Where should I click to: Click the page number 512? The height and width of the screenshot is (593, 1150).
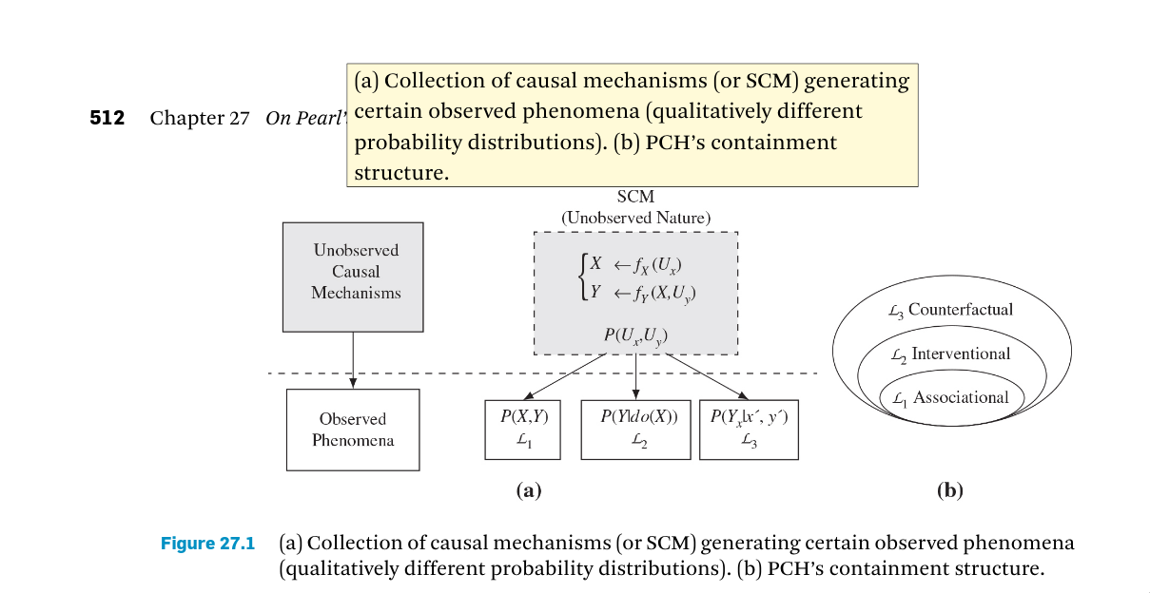click(107, 119)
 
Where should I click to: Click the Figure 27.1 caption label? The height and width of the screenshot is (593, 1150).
click(207, 544)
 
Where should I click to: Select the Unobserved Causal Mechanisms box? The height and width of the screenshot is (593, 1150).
click(353, 276)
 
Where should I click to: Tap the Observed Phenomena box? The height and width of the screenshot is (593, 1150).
click(353, 430)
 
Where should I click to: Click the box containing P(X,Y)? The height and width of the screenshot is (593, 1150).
click(522, 430)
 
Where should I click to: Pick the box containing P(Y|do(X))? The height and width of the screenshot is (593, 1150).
click(634, 430)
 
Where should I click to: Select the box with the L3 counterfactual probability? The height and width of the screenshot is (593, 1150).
click(749, 430)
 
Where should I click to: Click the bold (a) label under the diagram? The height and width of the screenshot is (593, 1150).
click(528, 490)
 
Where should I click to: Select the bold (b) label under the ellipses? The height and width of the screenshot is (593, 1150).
click(949, 490)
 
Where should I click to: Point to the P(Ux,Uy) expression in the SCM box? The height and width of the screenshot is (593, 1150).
click(635, 335)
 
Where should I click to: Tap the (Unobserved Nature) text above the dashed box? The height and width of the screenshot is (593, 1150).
click(635, 218)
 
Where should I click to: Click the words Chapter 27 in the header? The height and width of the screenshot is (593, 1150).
click(200, 119)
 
